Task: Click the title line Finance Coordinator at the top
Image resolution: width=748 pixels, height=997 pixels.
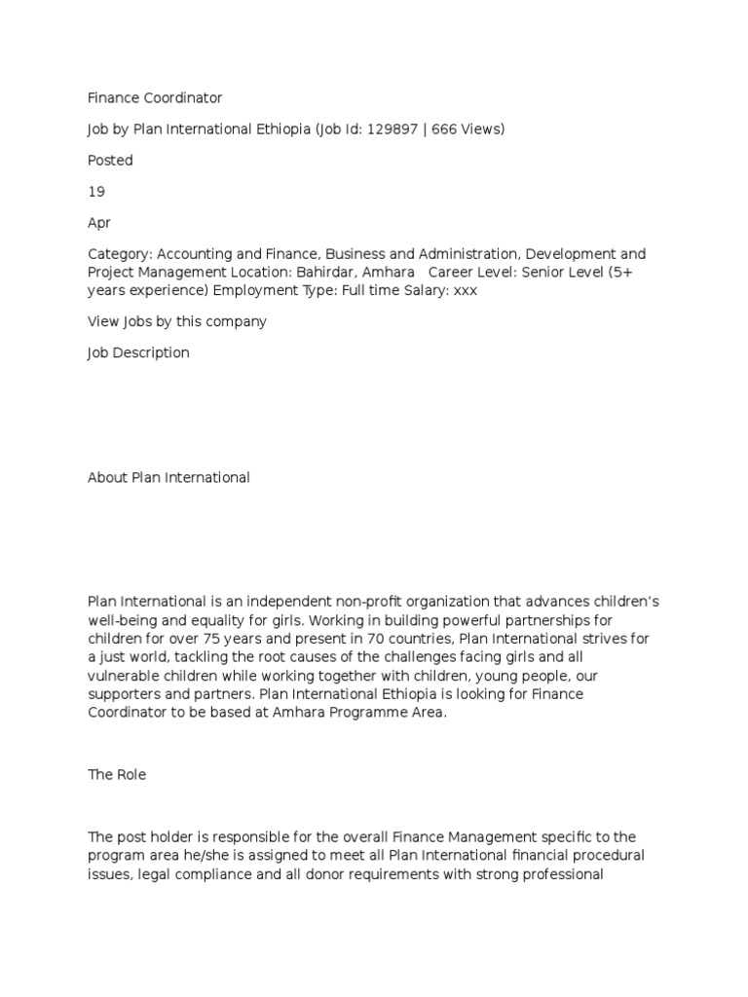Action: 155,97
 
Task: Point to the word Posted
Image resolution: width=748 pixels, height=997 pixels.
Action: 110,160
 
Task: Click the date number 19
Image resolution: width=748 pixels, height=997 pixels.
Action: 96,191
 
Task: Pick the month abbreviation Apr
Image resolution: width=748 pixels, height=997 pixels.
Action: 99,222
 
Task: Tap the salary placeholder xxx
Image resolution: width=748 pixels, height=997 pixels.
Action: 466,289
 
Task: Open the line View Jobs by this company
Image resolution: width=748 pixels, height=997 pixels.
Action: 177,321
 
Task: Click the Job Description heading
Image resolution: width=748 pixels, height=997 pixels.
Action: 138,352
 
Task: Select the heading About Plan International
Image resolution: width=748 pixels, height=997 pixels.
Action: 168,477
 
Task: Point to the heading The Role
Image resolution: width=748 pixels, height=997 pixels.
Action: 117,775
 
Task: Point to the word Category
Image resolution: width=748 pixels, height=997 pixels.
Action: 120,253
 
